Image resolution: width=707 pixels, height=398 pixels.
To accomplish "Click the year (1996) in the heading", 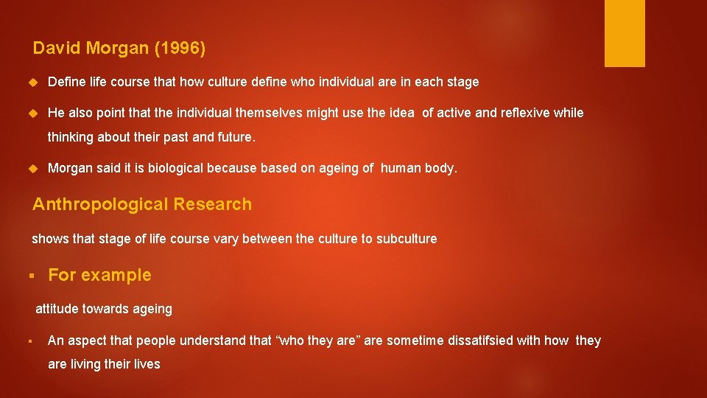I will coord(180,49).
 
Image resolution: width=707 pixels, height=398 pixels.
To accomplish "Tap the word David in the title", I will coord(57,49).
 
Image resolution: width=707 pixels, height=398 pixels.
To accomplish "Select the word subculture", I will coord(407,239).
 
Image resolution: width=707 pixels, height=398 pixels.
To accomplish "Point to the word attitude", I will coord(57,310).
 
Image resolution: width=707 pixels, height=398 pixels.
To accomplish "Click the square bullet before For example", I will coord(32,276).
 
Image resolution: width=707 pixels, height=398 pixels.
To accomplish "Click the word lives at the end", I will coord(147,364).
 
